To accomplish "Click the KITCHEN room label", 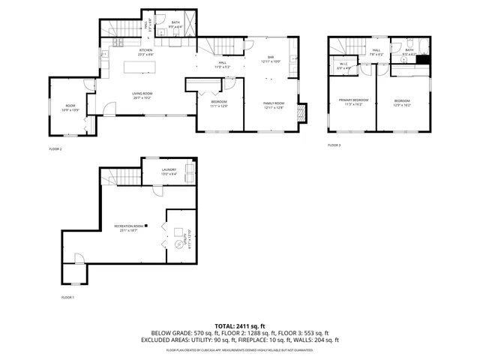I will point(145,50).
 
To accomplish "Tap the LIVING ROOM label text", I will point(141,94).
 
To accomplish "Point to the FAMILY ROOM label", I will point(274,103).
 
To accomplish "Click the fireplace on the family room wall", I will point(301,113).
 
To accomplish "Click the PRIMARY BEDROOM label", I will point(352,100).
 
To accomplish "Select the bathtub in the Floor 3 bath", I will point(424,65).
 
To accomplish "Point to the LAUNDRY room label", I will point(169,169).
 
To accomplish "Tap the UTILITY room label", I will point(187,238).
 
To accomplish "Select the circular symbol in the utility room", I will point(179,244).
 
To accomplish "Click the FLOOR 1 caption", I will point(67,298).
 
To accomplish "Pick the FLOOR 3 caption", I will point(334,145).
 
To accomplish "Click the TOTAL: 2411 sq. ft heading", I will point(239,326).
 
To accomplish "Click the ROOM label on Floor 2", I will point(70,106).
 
